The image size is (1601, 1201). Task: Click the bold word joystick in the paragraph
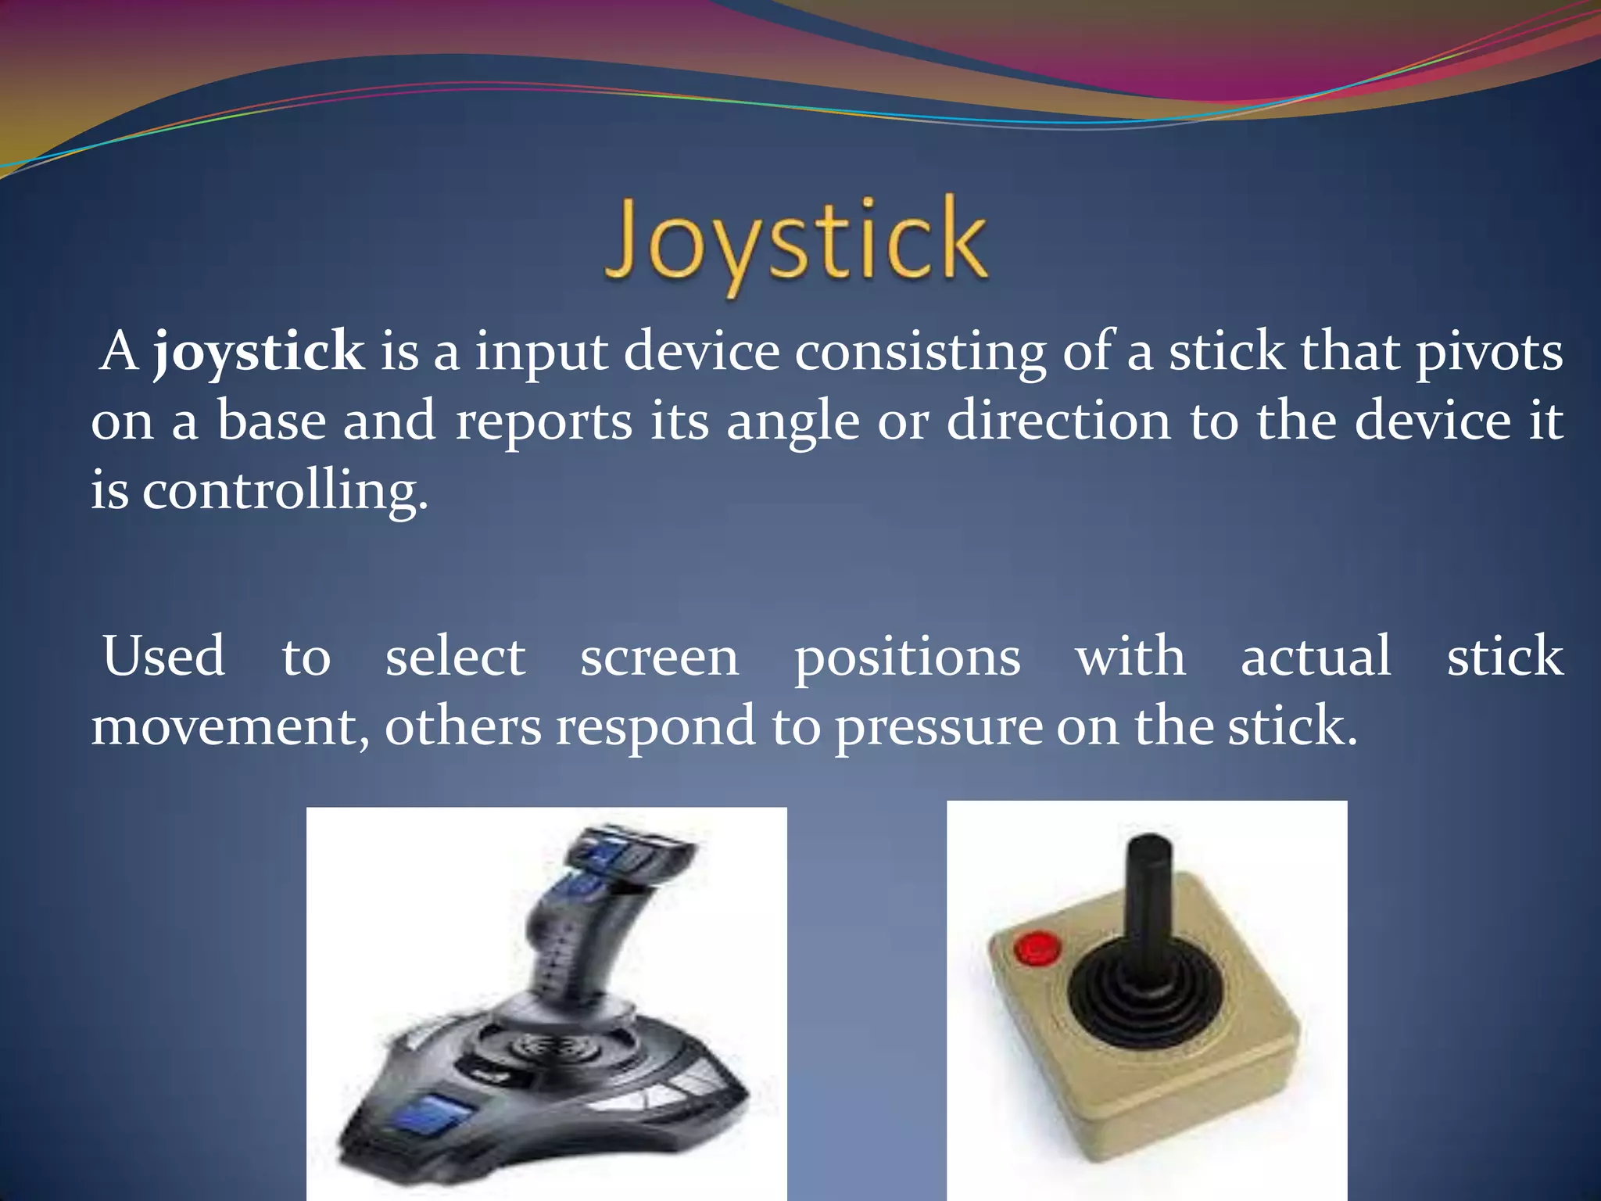point(259,353)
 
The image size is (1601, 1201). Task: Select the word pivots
point(1489,353)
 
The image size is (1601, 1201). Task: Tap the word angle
point(793,422)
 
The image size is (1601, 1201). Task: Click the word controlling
point(285,492)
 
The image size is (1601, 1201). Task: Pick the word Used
point(163,656)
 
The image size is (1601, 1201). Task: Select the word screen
point(659,658)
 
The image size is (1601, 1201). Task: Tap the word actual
point(1316,656)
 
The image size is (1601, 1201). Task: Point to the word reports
point(543,422)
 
